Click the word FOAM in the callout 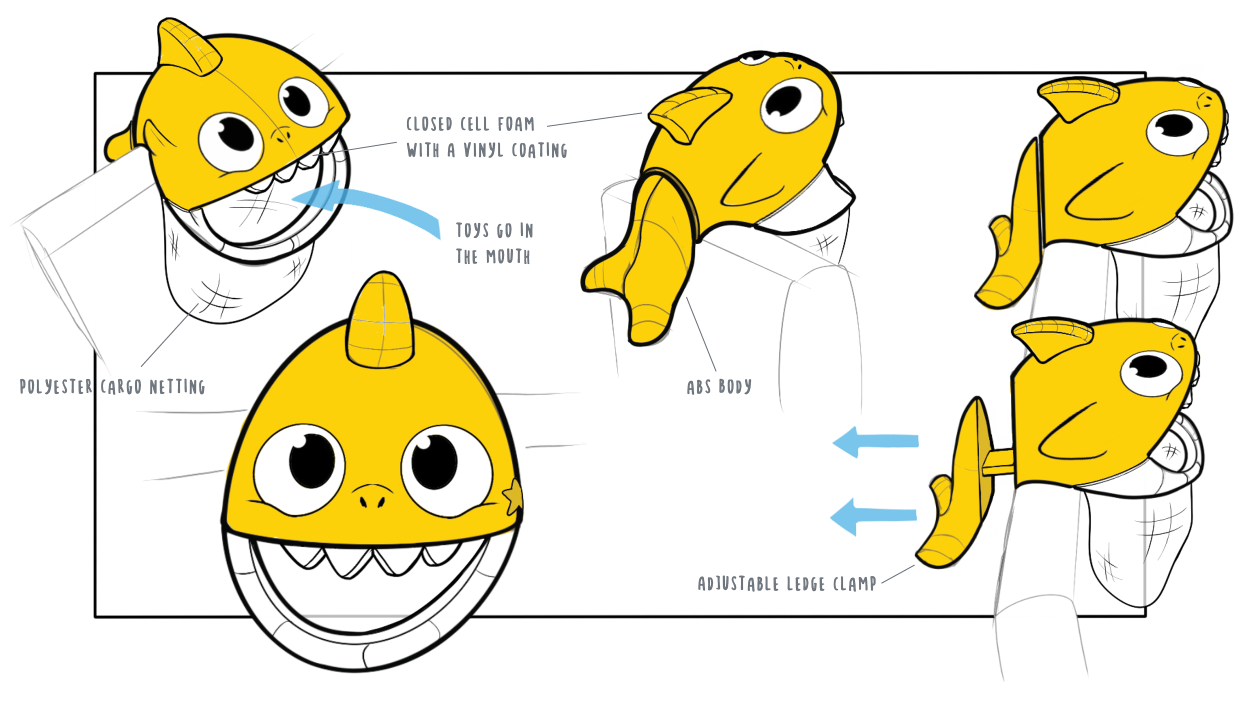tap(515, 124)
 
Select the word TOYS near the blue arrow tap(472, 230)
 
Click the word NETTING tap(177, 387)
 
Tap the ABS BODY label tap(719, 386)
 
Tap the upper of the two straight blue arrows tap(875, 442)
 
